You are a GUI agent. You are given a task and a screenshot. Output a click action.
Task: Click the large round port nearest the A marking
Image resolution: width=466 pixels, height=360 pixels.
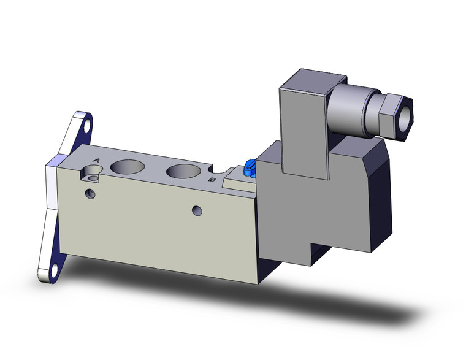tap(129, 167)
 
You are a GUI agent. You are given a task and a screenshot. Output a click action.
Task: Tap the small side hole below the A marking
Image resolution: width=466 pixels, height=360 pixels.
tap(91, 194)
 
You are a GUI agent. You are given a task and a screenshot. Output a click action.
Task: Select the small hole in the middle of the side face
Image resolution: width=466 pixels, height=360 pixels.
tap(196, 211)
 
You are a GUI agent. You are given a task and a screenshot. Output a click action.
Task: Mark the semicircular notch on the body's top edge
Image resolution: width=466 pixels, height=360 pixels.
tap(216, 167)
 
